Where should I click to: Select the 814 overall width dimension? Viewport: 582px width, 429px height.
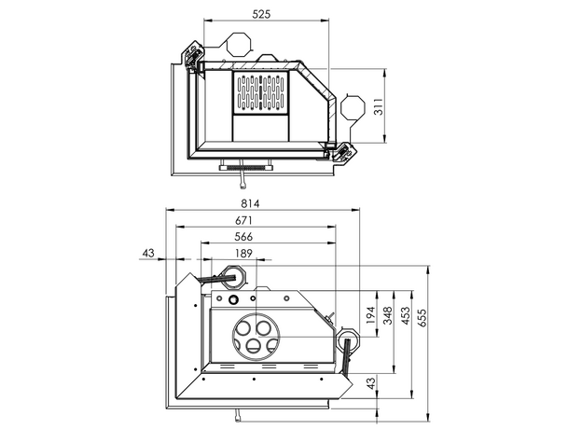[x=249, y=203]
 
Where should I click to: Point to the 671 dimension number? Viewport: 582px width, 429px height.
[x=244, y=220]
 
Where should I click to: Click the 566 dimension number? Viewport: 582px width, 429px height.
[x=243, y=237]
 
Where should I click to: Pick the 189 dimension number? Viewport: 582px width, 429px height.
[x=242, y=254]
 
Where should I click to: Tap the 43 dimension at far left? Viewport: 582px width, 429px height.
[x=148, y=254]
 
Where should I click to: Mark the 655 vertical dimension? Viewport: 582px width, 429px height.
[x=422, y=316]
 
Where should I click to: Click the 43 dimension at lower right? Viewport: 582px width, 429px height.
[x=371, y=383]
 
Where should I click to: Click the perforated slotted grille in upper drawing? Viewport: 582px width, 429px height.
[x=261, y=93]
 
